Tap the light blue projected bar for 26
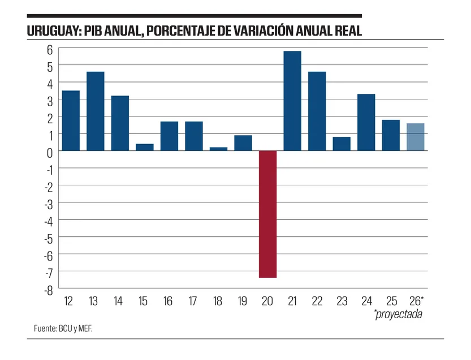coord(416,137)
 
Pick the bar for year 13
coord(96,111)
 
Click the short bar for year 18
coord(218,149)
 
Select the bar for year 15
coord(145,147)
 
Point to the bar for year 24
coord(366,122)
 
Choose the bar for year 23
coord(342,144)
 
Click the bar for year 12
coord(71,120)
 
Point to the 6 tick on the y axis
coord(50,49)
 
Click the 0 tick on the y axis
coord(50,152)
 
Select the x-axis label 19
coord(243,301)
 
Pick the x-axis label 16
coord(168,301)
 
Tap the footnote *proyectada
coord(398,314)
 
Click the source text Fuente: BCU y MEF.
coord(62,328)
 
